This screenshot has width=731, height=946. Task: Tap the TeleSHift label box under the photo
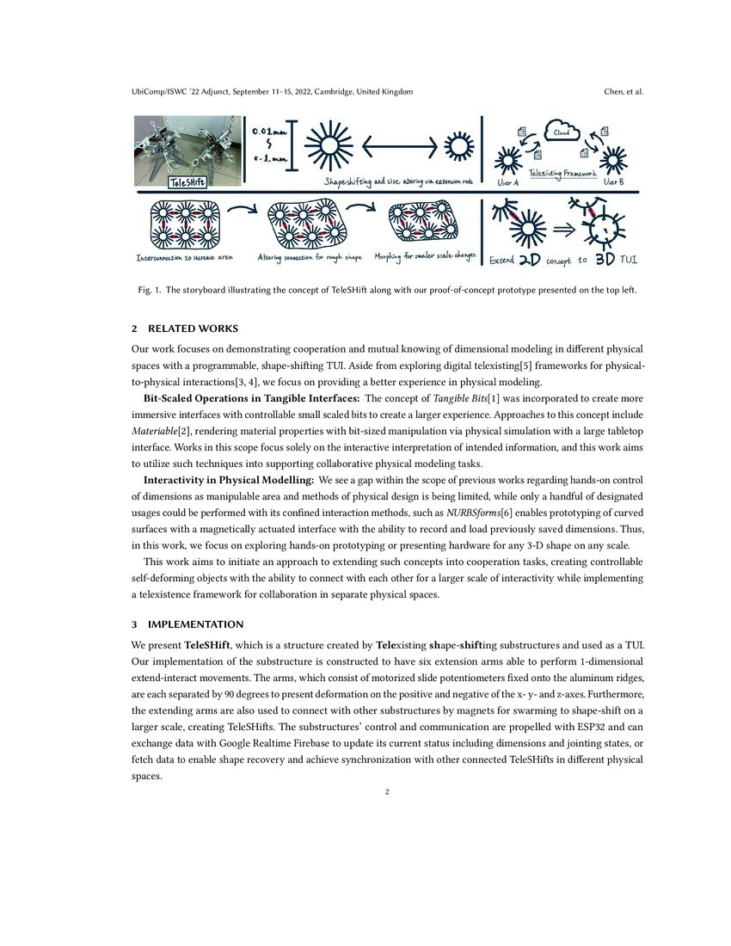tap(187, 182)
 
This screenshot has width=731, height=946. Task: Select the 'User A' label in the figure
tap(508, 183)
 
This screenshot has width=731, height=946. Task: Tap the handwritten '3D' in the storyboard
tap(605, 257)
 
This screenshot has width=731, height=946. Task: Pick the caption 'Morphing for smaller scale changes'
tap(425, 256)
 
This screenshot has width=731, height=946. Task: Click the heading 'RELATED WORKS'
tap(193, 329)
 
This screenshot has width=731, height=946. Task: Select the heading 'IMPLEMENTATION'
tap(195, 623)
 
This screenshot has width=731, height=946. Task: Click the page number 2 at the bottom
tap(387, 792)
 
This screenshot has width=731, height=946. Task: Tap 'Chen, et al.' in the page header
tap(623, 91)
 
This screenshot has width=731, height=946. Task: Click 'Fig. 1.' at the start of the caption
tap(145, 291)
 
